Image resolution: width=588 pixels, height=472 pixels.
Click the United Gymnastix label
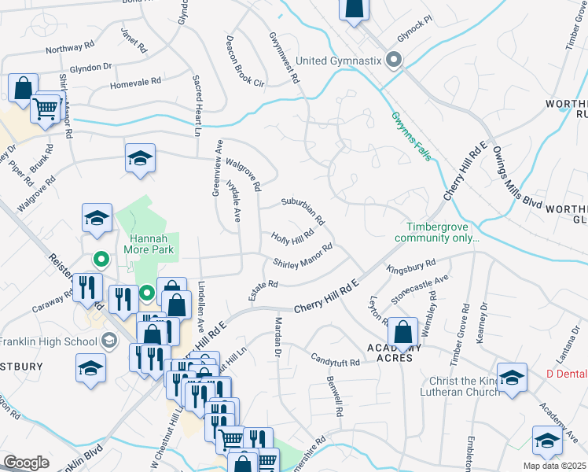(339, 61)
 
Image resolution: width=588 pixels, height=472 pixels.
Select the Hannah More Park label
(148, 244)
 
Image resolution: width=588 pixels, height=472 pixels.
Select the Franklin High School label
(48, 341)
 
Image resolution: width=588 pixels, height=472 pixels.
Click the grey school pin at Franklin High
(110, 341)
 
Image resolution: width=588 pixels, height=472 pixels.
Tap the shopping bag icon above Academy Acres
(402, 334)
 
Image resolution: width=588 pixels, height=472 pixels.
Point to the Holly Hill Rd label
(292, 237)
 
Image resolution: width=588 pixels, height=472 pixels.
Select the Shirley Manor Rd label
(303, 256)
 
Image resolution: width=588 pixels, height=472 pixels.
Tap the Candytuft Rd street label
(334, 363)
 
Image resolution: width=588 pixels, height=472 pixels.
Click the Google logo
(26, 463)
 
